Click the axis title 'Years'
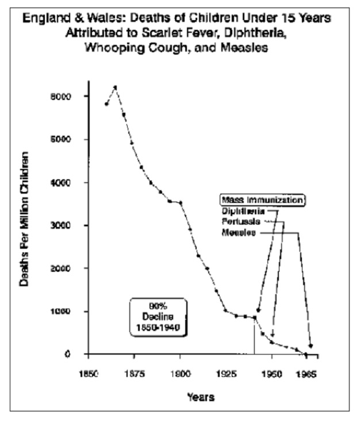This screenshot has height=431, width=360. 200,397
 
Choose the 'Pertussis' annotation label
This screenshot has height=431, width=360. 242,221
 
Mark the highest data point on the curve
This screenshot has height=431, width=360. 115,87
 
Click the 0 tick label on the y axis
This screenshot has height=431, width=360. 68,354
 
